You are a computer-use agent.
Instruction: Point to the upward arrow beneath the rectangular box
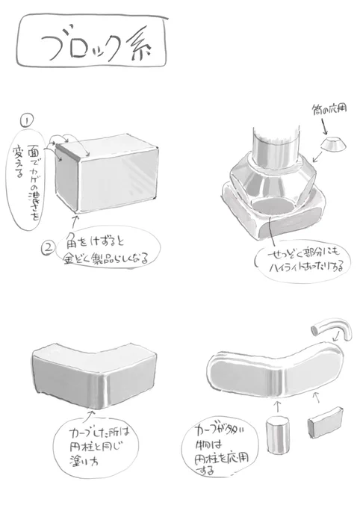[x=75, y=220]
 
